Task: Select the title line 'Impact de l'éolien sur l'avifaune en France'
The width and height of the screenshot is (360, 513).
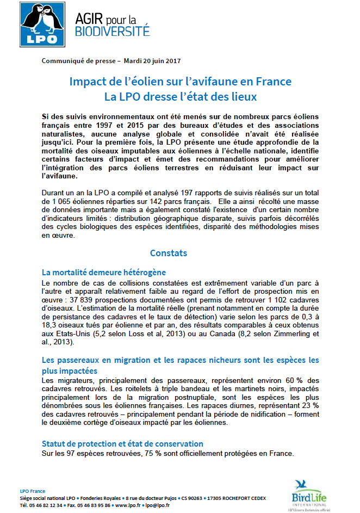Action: (180, 82)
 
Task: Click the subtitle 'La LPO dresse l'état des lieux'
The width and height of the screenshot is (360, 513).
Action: (180, 97)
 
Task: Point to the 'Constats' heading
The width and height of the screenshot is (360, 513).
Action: (169, 253)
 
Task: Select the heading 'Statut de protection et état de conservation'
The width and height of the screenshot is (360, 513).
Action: (122, 444)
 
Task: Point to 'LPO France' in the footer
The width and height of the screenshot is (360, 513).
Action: (33, 491)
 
